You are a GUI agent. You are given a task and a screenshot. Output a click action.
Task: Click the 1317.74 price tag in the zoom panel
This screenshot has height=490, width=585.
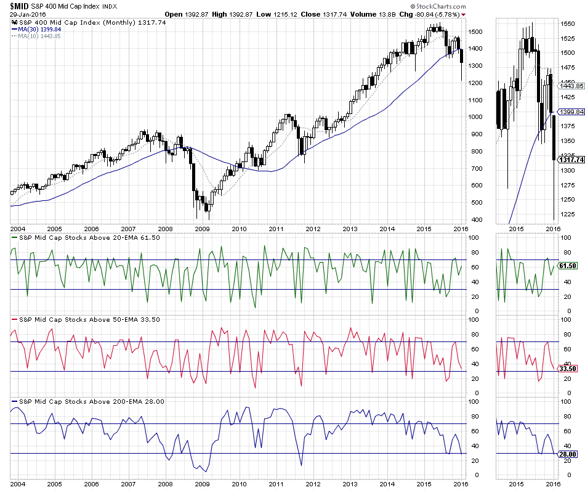pos(570,160)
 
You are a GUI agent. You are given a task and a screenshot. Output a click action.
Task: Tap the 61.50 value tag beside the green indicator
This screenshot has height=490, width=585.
pos(566,266)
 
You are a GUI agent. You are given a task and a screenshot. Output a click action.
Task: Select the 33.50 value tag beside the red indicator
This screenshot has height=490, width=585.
pos(566,369)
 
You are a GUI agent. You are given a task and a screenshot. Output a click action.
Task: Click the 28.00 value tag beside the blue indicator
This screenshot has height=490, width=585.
pos(566,454)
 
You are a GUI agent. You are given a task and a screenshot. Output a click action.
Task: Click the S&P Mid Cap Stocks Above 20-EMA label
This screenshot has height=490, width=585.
pos(86,237)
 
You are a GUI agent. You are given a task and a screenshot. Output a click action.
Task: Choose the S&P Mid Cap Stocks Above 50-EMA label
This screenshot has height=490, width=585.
pos(86,319)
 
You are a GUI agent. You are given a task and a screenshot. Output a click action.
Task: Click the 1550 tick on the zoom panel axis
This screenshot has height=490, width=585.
pos(568,23)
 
